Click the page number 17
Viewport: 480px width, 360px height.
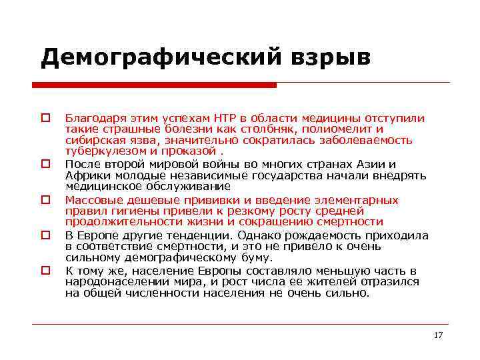(438, 335)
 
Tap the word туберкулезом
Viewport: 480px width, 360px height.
(101, 151)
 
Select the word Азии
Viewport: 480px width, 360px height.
(374, 164)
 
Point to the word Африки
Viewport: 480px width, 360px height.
(84, 175)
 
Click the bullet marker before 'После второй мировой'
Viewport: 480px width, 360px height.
(46, 163)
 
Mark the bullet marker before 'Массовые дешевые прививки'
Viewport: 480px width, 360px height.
(46, 199)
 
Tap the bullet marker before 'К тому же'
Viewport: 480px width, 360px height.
(46, 271)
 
